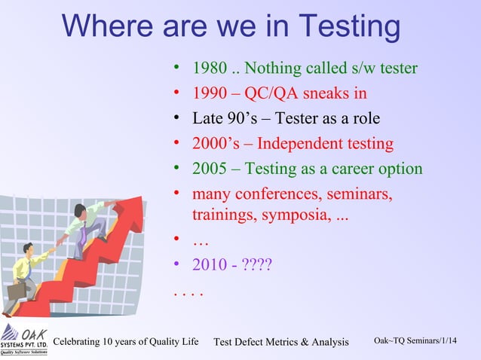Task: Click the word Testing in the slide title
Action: coord(349,27)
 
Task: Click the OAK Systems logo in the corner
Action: coord(23,340)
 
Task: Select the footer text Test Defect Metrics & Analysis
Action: coord(281,343)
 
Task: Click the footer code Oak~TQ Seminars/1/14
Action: coord(415,342)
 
